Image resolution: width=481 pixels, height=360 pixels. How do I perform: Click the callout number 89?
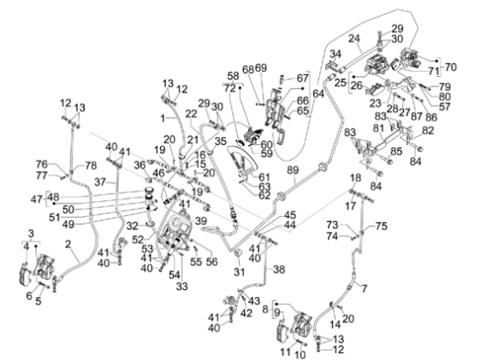tap(293, 170)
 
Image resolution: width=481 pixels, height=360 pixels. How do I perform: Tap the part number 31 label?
tap(240, 272)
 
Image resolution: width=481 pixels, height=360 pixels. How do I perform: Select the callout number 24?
tap(354, 38)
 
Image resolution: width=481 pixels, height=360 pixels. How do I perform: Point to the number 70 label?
tap(450, 66)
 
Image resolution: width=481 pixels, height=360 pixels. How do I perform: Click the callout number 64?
tap(318, 93)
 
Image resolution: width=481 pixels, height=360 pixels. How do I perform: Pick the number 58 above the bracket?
tap(234, 76)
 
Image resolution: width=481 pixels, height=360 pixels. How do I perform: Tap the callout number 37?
tap(101, 182)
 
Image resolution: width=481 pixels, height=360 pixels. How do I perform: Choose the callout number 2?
tap(68, 245)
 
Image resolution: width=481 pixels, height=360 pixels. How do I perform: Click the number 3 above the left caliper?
tap(31, 233)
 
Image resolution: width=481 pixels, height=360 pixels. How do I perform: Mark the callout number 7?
tap(364, 288)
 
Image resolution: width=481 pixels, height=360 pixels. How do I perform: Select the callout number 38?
tap(278, 269)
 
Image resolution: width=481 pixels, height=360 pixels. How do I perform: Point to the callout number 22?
tap(192, 114)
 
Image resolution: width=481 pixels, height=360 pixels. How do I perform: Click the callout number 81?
tap(379, 128)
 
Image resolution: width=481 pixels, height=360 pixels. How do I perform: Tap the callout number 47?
tap(37, 199)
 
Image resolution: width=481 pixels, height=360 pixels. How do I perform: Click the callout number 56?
tap(212, 261)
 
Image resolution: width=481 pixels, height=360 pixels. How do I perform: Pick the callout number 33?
tap(182, 287)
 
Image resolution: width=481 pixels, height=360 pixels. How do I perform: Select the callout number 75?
tap(381, 226)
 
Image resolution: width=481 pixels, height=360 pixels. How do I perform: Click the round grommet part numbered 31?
tap(238, 254)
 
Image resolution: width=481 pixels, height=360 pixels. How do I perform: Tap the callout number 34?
tap(335, 54)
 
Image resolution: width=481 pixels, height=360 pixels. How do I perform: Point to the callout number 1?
tap(163, 118)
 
